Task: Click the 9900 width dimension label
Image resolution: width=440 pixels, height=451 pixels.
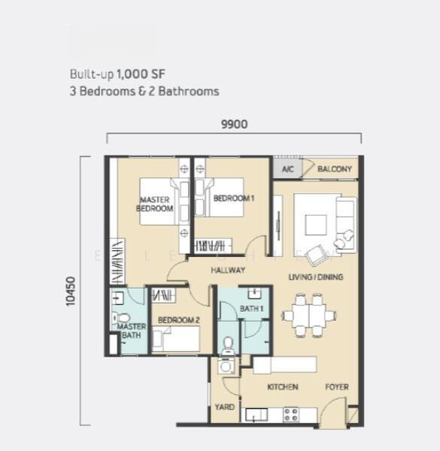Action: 234,124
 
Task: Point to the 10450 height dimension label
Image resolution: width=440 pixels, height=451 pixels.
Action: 71,292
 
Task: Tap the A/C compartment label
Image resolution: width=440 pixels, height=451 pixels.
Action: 287,169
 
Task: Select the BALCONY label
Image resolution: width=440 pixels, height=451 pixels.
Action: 335,169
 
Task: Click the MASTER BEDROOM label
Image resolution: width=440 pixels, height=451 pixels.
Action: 154,204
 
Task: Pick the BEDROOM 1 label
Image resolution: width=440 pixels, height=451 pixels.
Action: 234,198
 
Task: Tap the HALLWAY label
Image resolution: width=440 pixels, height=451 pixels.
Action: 228,270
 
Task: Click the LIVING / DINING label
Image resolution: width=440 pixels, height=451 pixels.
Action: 316,277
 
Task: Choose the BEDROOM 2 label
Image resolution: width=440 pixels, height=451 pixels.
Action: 178,320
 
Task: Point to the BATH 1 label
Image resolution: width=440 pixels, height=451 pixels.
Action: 251,309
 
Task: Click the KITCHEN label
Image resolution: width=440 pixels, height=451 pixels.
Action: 283,387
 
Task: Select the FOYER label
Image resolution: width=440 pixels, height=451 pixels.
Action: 337,387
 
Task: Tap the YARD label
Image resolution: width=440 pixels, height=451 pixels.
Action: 224,407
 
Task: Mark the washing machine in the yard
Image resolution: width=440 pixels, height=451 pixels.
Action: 226,366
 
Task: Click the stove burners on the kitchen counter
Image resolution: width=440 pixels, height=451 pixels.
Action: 290,415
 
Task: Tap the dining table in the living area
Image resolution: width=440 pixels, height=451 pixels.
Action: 309,316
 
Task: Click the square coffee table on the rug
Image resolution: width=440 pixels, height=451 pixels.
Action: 316,225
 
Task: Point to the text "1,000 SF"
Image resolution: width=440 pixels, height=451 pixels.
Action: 141,74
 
